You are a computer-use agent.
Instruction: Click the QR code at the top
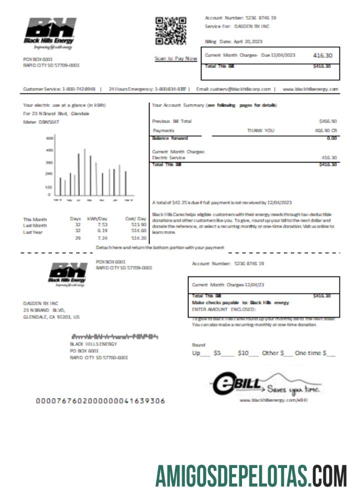170,30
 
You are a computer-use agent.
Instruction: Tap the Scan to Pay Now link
175,58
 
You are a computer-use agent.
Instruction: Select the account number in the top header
240,17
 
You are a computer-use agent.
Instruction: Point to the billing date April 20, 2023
233,41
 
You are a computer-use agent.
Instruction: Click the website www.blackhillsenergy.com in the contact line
310,89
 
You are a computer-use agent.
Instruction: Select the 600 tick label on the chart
49,137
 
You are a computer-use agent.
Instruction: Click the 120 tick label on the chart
49,186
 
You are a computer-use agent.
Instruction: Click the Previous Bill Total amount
327,121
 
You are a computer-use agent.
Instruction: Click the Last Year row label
32,231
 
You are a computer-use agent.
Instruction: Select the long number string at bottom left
100,400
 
